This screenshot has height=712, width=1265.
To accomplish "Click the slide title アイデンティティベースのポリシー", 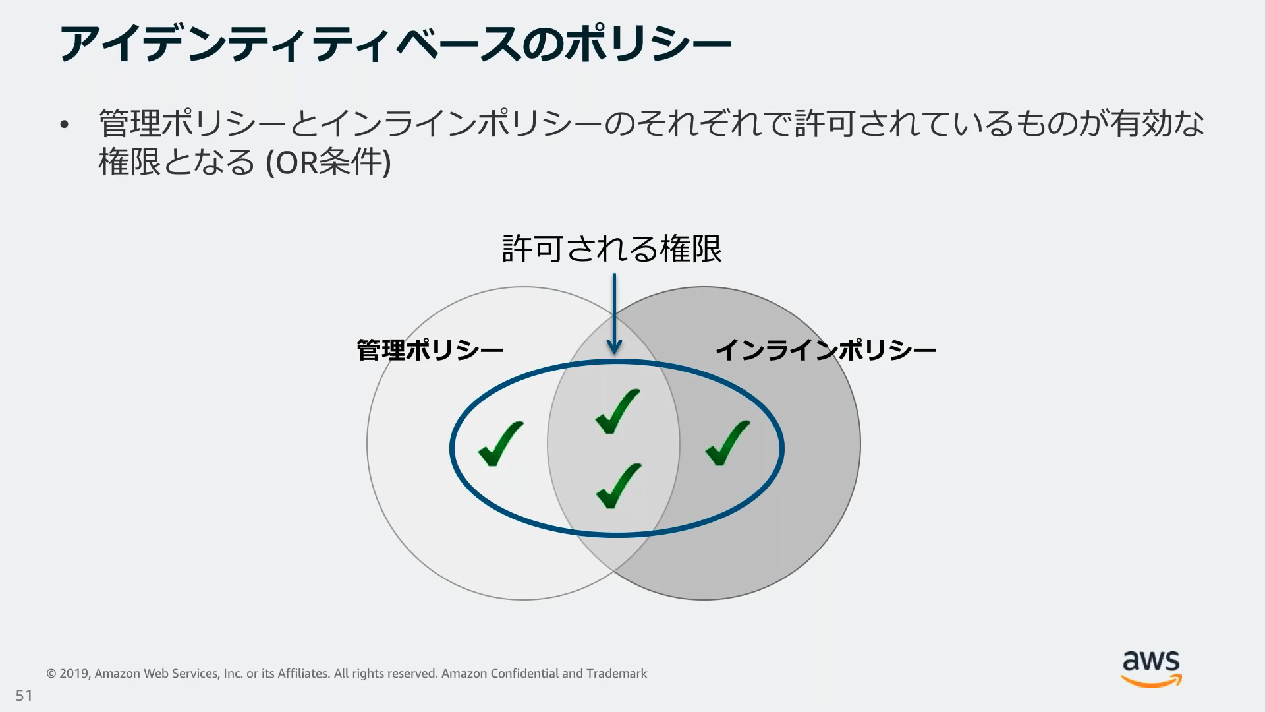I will click(x=395, y=45).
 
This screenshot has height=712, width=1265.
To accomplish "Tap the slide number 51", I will click(x=24, y=696).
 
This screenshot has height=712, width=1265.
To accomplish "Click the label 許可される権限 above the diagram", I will click(x=612, y=249).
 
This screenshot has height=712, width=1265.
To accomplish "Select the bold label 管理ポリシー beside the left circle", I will click(x=430, y=350).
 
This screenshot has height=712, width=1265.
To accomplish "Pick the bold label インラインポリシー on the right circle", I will click(x=825, y=350).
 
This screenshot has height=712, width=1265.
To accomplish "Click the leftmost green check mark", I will click(x=500, y=443).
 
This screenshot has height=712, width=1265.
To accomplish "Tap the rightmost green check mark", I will click(x=727, y=443).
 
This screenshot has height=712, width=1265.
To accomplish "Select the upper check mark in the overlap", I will click(x=617, y=411).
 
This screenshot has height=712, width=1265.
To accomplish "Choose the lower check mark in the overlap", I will click(x=617, y=486).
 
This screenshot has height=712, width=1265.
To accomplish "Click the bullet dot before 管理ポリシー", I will click(x=64, y=125).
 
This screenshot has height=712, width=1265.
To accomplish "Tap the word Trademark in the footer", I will click(x=616, y=674).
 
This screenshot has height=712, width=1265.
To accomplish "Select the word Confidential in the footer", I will click(x=524, y=674).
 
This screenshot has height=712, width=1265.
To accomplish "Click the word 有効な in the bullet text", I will click(x=1158, y=123).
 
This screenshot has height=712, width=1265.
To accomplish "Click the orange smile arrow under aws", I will click(x=1152, y=682).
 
